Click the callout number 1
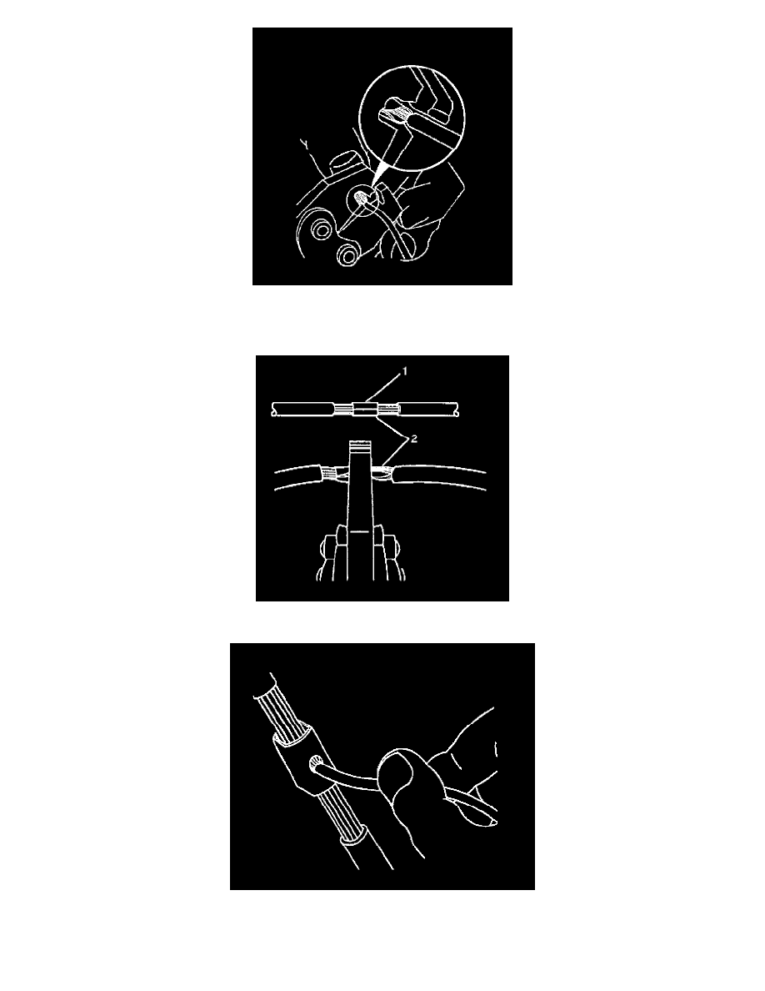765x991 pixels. pos(405,372)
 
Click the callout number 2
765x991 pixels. pos(414,440)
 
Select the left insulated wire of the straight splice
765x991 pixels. pos(302,410)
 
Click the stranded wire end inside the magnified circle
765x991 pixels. pos(396,113)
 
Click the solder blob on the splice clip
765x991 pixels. pos(316,766)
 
